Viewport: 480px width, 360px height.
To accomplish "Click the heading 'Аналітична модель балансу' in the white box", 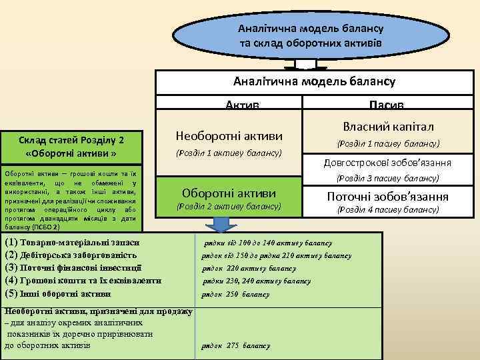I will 314,81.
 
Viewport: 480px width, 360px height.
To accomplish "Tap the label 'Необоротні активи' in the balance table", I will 229,136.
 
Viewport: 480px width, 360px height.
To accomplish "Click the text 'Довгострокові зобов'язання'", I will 387,163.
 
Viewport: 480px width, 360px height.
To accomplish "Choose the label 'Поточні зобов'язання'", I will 387,197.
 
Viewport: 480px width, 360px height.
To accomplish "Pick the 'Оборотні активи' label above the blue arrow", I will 229,193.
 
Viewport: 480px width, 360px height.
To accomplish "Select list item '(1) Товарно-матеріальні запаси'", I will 73,243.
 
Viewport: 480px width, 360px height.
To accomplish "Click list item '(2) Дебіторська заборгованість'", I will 71,255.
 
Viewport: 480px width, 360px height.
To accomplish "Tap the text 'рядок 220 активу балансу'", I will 249,269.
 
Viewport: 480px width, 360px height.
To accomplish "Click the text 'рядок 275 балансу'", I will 236,346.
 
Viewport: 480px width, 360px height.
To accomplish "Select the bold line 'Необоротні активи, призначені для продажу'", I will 98,311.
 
